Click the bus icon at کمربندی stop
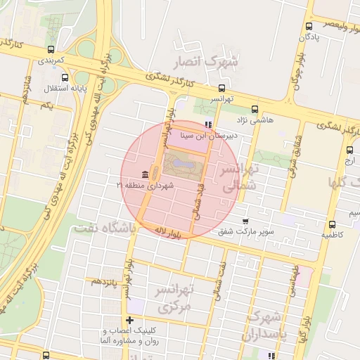pyautogui.click(x=51, y=50)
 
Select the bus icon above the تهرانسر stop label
pyautogui.click(x=223, y=89)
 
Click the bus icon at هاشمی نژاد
pyautogui.click(x=255, y=109)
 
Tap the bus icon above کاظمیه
pyautogui.click(x=332, y=224)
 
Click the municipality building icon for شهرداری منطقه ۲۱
pyautogui.click(x=144, y=174)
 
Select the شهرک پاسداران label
pyautogui.click(x=264, y=325)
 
